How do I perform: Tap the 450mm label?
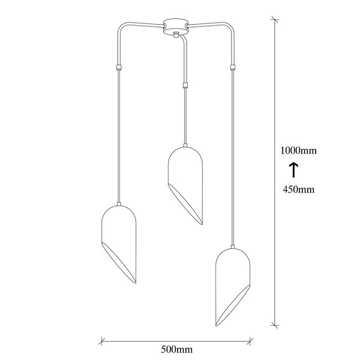click(x=298, y=190)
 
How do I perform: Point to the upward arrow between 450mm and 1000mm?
click(x=294, y=170)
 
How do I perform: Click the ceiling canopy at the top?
click(x=175, y=28)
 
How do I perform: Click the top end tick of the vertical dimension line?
click(x=276, y=20)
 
